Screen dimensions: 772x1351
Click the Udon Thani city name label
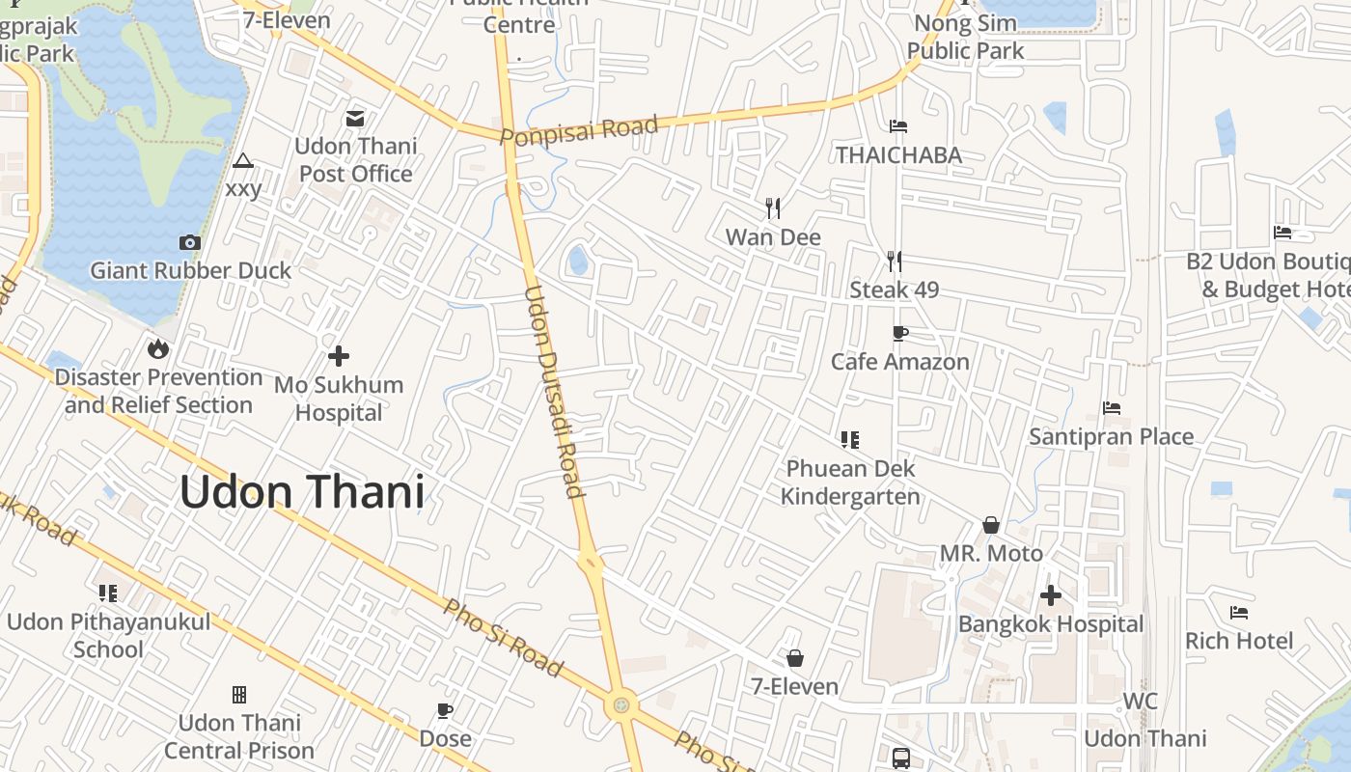(301, 492)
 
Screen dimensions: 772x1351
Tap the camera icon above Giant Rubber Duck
(190, 242)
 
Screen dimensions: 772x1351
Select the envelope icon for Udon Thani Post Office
(355, 119)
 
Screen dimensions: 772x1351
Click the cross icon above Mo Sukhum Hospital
(339, 356)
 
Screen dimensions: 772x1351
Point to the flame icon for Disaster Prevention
(158, 348)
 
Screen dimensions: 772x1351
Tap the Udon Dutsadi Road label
(554, 392)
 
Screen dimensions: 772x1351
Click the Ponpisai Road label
(579, 130)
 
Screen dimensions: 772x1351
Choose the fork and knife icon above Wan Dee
(772, 207)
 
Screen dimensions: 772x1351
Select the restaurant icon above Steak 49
(895, 261)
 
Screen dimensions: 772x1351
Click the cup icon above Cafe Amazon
(899, 333)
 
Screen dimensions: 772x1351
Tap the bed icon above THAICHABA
(898, 125)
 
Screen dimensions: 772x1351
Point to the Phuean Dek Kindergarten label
(850, 482)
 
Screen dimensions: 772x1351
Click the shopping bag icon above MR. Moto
(991, 525)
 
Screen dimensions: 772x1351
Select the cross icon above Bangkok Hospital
(1051, 595)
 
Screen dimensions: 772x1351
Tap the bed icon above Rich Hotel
(1239, 612)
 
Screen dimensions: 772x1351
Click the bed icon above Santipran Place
(1112, 408)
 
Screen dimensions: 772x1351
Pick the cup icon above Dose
(445, 710)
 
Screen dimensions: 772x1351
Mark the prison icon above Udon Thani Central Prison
(239, 694)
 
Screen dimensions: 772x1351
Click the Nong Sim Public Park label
(965, 37)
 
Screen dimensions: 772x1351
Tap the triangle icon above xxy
(243, 160)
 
